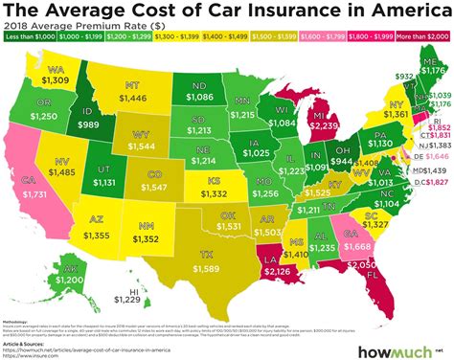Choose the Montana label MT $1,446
pos(131,91)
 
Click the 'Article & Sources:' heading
pos(34,341)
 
